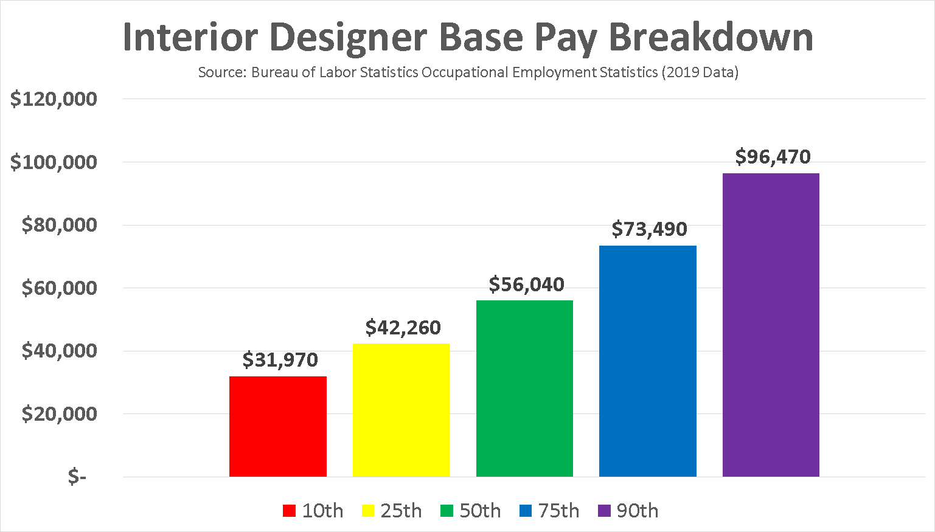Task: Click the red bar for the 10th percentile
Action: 277,426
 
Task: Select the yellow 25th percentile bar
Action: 401,410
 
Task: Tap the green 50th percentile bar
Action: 524,389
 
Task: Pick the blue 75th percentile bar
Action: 647,361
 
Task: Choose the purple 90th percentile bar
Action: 771,325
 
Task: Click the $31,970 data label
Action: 280,360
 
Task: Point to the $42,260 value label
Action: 403,328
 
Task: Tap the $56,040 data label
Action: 526,285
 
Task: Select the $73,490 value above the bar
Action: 649,229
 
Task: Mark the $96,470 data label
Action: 773,157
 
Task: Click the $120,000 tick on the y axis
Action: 54,99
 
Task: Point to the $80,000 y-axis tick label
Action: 59,225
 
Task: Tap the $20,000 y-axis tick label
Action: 59,414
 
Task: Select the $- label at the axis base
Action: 77,477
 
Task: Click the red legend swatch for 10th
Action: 289,511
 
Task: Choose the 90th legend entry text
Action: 637,511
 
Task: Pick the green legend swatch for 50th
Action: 447,511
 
